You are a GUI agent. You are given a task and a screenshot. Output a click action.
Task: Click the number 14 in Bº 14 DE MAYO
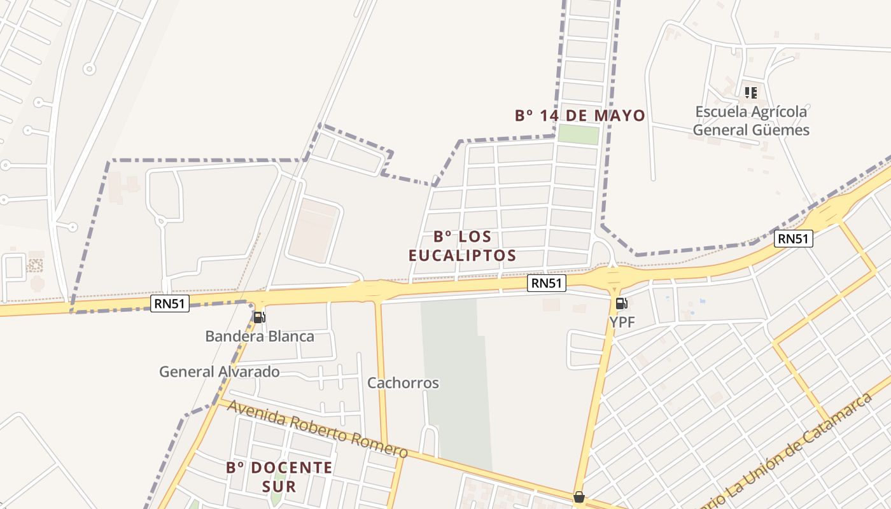[x=548, y=116]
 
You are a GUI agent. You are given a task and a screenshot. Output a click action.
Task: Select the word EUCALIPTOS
[x=462, y=256]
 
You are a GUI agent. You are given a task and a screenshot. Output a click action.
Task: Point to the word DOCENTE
[x=291, y=468]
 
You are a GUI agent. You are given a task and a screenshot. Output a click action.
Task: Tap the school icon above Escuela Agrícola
[x=751, y=93]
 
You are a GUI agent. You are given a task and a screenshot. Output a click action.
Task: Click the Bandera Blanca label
[x=260, y=337]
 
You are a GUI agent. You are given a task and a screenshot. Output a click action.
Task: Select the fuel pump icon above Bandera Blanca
[x=259, y=317]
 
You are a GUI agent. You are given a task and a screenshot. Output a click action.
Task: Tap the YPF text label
[x=622, y=323]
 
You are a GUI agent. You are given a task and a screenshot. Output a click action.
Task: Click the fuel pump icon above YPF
[x=621, y=303]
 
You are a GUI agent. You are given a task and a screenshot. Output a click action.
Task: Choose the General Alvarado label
[x=220, y=372]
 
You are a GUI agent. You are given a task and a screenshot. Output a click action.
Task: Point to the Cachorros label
[x=403, y=383]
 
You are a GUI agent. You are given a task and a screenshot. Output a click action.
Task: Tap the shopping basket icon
[x=579, y=497]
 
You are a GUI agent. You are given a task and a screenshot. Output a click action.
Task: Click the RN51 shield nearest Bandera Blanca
[x=170, y=303]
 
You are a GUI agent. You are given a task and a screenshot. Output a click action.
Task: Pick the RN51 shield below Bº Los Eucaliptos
[x=547, y=283]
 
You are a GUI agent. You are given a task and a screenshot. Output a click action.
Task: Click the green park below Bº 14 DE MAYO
[x=579, y=135]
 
